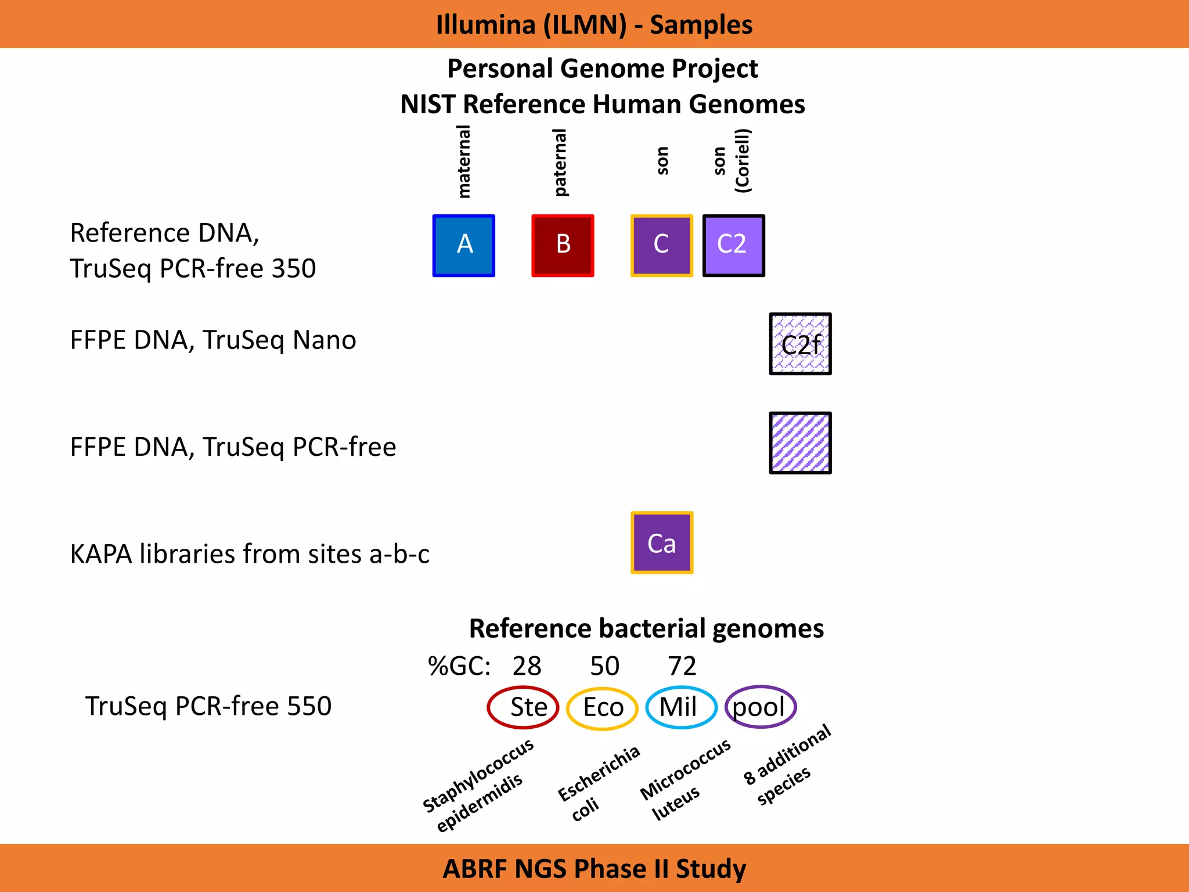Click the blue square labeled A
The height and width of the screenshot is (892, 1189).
click(x=463, y=246)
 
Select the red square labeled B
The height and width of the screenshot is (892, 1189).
click(x=563, y=246)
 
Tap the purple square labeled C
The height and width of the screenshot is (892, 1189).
click(x=662, y=246)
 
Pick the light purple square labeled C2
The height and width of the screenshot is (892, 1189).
click(x=733, y=246)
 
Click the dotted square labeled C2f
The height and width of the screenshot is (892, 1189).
click(x=800, y=344)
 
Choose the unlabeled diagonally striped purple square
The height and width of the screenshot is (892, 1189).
click(x=800, y=443)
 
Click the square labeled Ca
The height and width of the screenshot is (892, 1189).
click(x=662, y=542)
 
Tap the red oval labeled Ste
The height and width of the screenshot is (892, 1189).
click(x=523, y=707)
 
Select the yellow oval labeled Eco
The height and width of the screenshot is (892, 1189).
click(x=602, y=708)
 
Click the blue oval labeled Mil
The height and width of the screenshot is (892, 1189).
click(x=681, y=707)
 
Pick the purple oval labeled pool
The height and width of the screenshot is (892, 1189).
click(x=760, y=707)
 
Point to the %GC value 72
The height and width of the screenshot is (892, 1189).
click(x=682, y=666)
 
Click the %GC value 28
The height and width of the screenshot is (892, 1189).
click(x=527, y=666)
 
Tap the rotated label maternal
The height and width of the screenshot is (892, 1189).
click(x=464, y=161)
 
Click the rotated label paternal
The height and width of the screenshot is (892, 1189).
click(x=560, y=163)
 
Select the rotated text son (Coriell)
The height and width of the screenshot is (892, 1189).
click(x=732, y=161)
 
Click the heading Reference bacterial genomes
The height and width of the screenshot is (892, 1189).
click(x=646, y=628)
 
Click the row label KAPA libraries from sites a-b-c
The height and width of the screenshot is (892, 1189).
click(x=250, y=554)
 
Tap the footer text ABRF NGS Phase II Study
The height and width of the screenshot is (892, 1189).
click(x=594, y=869)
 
